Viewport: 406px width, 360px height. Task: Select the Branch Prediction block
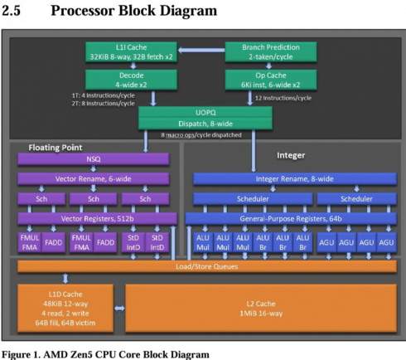coord(271,52)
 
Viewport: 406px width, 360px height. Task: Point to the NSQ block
coord(94,158)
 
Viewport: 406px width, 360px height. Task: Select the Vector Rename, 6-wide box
coord(94,178)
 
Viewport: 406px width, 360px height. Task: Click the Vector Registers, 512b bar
coord(94,219)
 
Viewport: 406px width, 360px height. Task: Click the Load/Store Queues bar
coord(206,266)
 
